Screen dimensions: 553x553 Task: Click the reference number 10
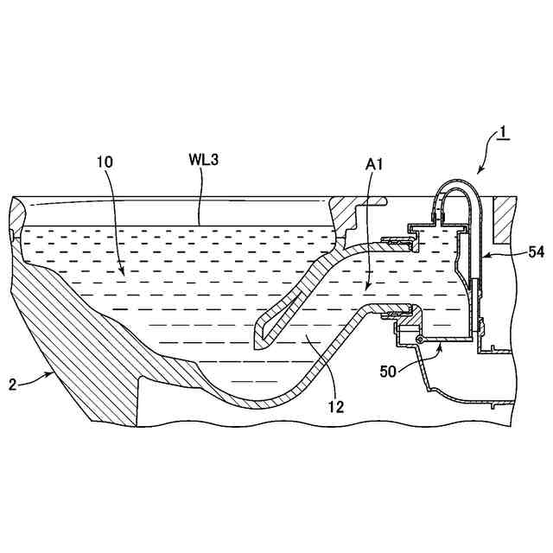coord(105,161)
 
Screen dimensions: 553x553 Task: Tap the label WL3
coord(203,162)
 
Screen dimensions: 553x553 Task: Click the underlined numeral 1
coord(503,134)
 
